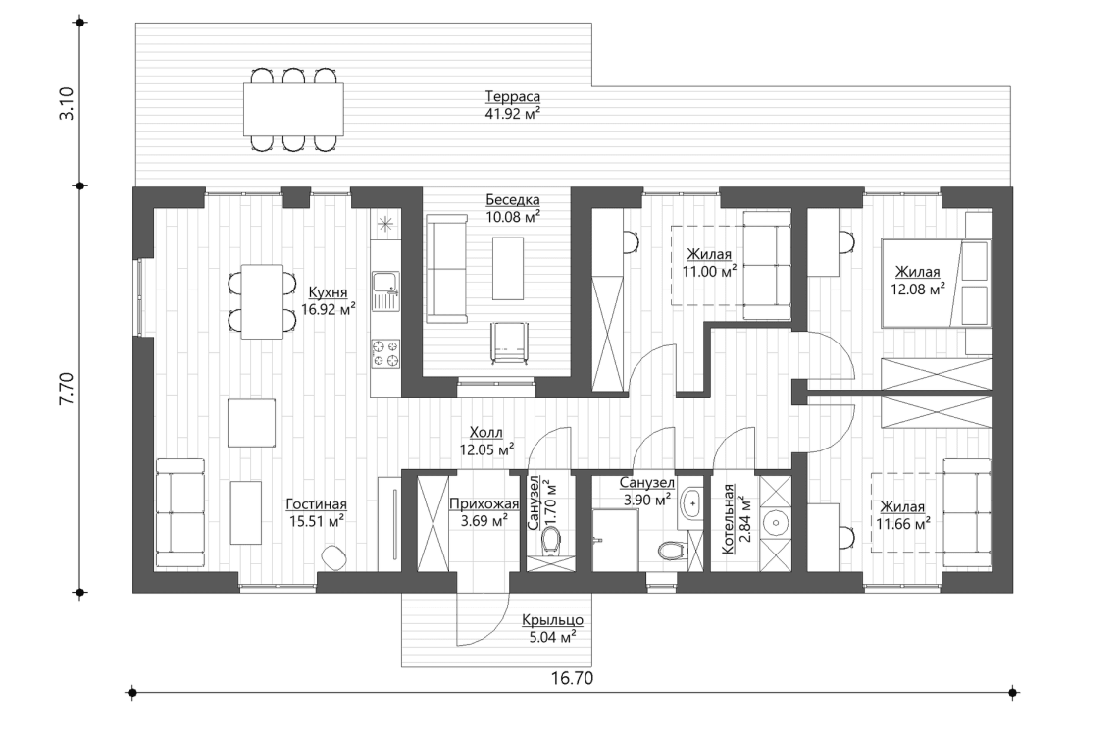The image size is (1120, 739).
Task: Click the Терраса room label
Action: (x=513, y=97)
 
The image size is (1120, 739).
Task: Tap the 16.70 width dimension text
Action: (x=573, y=678)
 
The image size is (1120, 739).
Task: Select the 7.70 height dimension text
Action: (x=65, y=389)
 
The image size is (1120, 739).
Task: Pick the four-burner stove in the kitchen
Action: (x=384, y=353)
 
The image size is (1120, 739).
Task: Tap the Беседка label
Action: (x=512, y=199)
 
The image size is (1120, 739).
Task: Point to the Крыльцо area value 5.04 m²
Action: (x=552, y=636)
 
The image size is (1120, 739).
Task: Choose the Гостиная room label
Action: (x=317, y=504)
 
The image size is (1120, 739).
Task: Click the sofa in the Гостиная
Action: (x=179, y=505)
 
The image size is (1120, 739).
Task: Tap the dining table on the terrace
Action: (x=294, y=109)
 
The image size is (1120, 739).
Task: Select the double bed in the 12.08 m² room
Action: (x=935, y=282)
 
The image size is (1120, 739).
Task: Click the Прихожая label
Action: (x=484, y=504)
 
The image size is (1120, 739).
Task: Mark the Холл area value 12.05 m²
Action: (x=487, y=449)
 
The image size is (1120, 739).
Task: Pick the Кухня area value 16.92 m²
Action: (x=331, y=307)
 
